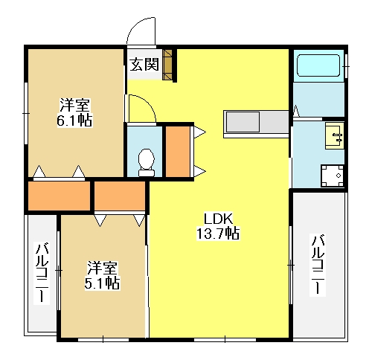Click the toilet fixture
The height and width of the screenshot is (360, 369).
click(x=146, y=162)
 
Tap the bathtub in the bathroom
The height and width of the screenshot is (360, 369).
click(x=318, y=65)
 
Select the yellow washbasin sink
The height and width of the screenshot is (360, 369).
click(x=335, y=135)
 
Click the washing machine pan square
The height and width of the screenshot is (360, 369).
click(x=333, y=176)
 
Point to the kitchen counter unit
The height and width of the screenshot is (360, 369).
click(x=256, y=124)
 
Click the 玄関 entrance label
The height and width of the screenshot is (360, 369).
click(x=144, y=65)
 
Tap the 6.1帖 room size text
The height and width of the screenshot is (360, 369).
click(x=74, y=120)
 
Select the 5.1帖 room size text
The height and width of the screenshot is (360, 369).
click(x=102, y=283)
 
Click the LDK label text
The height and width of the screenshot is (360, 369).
click(x=218, y=219)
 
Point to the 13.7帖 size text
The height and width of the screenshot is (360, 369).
click(x=218, y=233)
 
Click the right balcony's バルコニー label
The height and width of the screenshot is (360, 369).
click(x=318, y=265)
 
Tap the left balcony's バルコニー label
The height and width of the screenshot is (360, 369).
click(x=42, y=273)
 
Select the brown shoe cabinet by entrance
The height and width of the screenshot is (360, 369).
click(x=167, y=65)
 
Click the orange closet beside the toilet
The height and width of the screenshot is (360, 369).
click(x=178, y=152)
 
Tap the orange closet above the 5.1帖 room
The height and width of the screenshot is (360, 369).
click(x=120, y=196)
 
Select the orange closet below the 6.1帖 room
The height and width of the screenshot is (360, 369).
click(x=59, y=196)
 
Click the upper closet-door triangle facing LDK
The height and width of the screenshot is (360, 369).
click(x=199, y=132)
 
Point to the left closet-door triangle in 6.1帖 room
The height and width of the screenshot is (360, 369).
click(x=39, y=171)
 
